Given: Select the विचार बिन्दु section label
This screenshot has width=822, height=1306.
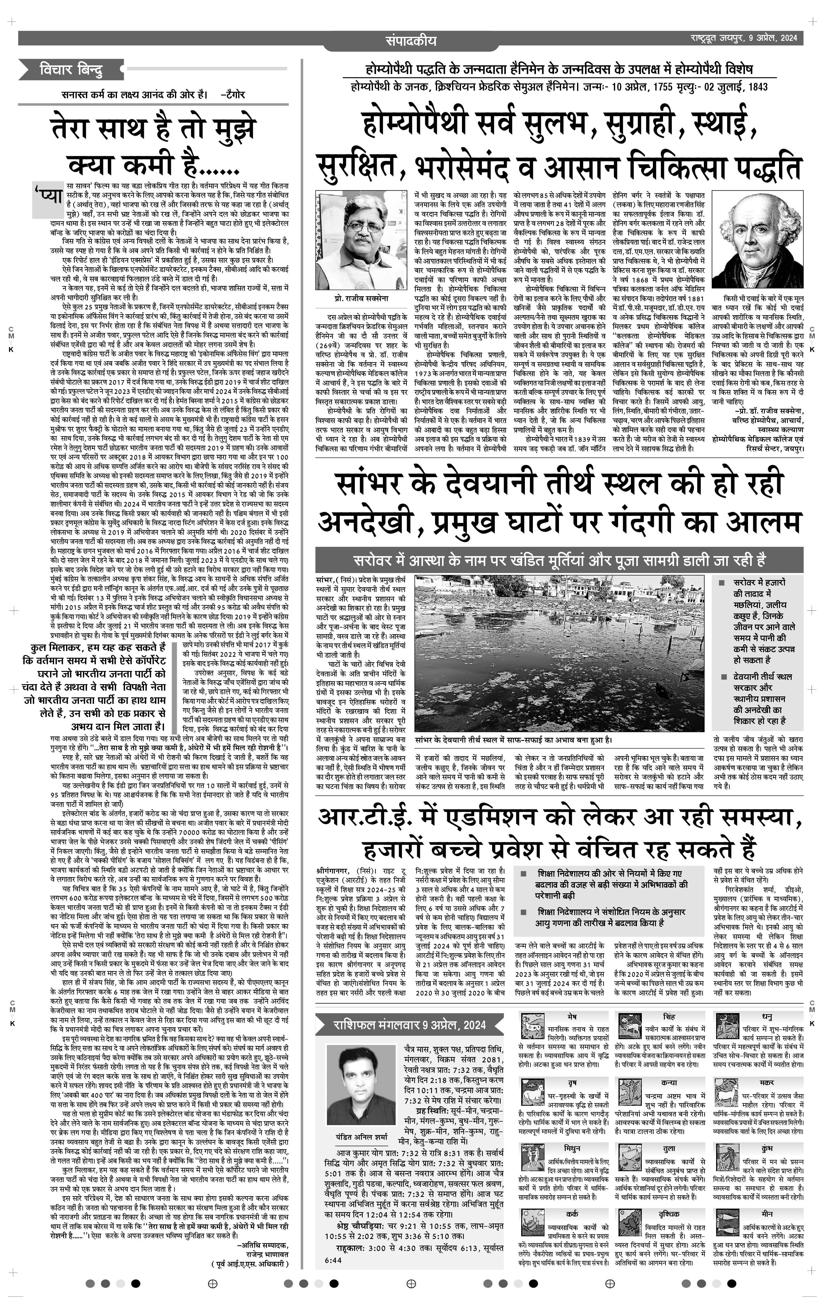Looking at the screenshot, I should point(71,70).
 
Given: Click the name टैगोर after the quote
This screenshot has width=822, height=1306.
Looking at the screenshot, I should point(234,94).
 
